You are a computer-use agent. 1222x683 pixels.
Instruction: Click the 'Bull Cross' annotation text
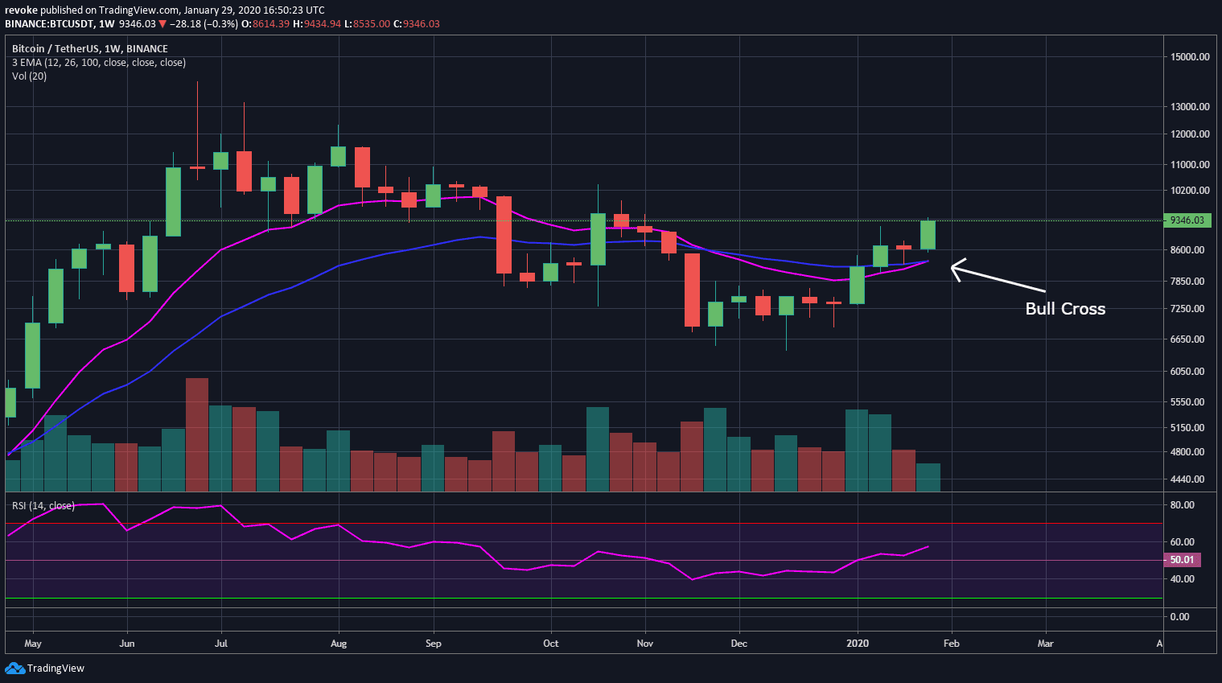[x=1064, y=309]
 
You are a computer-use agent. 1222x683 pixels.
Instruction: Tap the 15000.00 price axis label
[x=1190, y=57]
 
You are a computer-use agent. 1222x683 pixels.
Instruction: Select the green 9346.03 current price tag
[x=1187, y=220]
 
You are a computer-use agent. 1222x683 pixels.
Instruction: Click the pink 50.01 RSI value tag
[x=1181, y=560]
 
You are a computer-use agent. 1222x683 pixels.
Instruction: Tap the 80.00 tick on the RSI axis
[x=1182, y=505]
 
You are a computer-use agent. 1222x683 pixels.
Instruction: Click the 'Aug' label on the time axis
[x=339, y=644]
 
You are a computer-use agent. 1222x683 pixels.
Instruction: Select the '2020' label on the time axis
[x=858, y=644]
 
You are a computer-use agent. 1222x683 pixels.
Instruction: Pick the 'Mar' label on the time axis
[x=1045, y=644]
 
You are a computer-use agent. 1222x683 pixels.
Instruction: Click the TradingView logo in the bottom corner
[x=45, y=669]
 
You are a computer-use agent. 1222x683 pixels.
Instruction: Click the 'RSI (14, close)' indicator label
[x=43, y=506]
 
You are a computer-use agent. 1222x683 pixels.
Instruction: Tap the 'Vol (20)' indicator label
[x=29, y=76]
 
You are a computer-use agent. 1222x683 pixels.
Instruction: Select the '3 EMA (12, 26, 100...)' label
[x=99, y=63]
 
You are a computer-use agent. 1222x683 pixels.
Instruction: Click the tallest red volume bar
[x=197, y=434]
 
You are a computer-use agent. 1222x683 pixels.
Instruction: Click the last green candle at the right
[x=928, y=235]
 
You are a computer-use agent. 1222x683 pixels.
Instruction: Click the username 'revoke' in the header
[x=21, y=10]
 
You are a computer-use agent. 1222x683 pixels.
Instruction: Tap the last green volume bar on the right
[x=928, y=477]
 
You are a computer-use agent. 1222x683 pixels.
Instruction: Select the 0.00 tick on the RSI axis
[x=1179, y=617]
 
